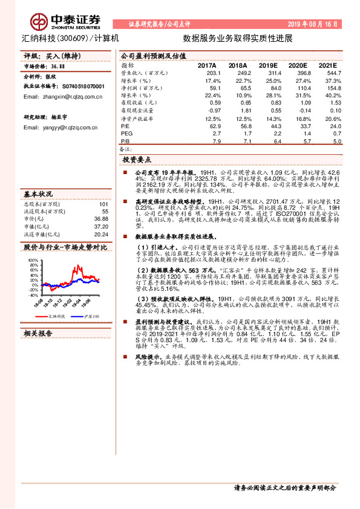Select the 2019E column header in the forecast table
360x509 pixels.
coord(268,65)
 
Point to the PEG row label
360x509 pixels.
coord(126,133)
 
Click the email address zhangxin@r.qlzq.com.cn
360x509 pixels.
coord(63,97)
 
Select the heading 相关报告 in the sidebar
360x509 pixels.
coord(38,332)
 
